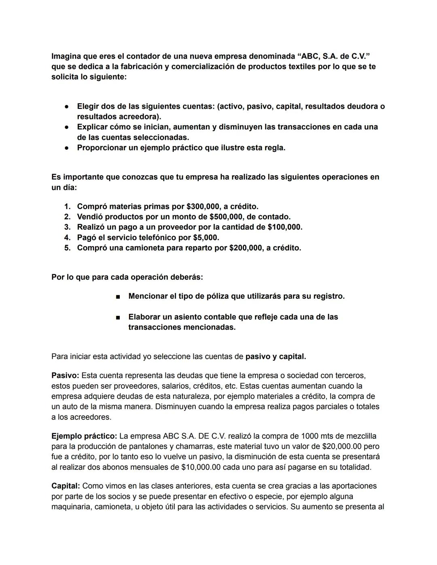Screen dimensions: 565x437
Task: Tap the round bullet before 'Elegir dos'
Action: tap(66, 107)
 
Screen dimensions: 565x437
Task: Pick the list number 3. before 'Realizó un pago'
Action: tap(67, 227)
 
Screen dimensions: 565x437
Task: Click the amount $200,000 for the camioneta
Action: tap(246, 248)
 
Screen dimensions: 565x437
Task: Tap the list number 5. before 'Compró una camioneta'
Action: tap(67, 248)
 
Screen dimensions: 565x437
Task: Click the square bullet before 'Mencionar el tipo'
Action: tap(118, 297)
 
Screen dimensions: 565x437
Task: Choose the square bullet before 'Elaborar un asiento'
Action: tap(118, 317)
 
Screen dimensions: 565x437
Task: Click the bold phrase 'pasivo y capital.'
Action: tap(276, 357)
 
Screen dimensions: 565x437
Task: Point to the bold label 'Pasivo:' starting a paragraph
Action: tap(65, 376)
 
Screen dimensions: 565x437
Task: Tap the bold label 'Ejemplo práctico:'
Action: tap(84, 436)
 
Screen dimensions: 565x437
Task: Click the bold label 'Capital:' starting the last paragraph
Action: tap(66, 486)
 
